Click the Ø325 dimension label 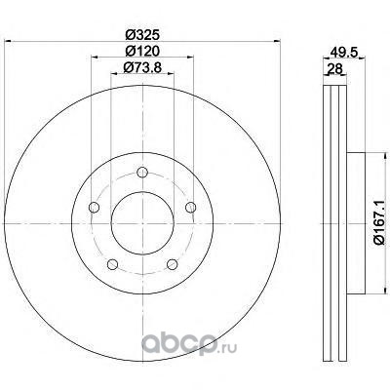(142, 34)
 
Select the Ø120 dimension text (142, 51)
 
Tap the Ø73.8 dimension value (142, 67)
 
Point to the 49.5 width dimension (343, 52)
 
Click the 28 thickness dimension (335, 68)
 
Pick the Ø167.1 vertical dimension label (379, 222)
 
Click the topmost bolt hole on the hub (142, 172)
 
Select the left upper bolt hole (94, 207)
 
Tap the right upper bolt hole (191, 207)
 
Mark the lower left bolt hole (112, 264)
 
